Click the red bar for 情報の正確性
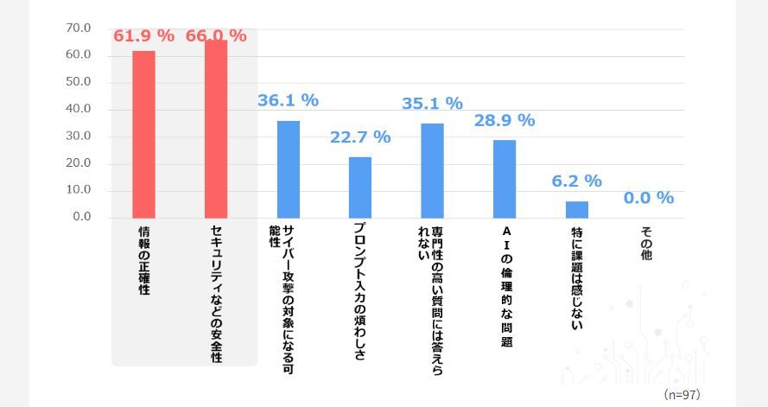click(143, 134)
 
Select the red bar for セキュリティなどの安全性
click(216, 129)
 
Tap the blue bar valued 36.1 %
click(288, 169)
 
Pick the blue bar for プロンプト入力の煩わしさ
click(360, 187)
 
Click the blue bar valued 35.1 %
click(432, 170)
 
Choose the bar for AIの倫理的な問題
click(505, 178)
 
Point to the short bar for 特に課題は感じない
click(577, 209)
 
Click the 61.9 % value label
click(143, 36)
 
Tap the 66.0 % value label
click(216, 36)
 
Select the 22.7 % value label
click(360, 137)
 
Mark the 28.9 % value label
click(505, 120)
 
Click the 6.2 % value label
click(577, 181)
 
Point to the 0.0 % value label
click(649, 198)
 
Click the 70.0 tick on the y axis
click(79, 29)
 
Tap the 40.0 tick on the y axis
click(79, 110)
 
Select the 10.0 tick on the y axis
click(79, 190)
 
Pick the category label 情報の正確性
click(144, 261)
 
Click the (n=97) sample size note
click(682, 394)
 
